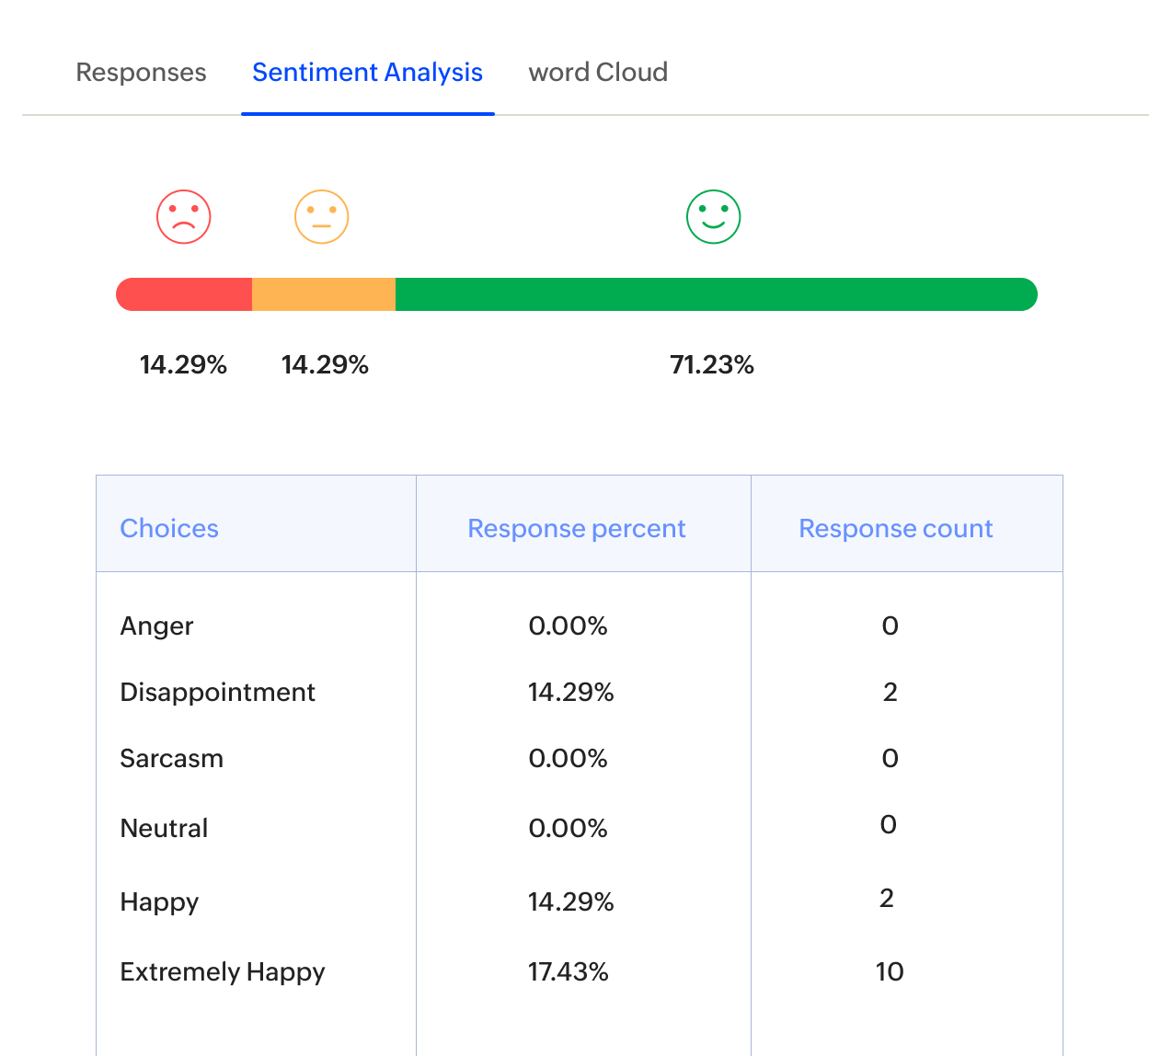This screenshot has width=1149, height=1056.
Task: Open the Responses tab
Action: pyautogui.click(x=141, y=73)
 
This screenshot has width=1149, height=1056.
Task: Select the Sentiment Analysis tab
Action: pyautogui.click(x=367, y=73)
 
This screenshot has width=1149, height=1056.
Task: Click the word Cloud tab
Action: pyautogui.click(x=598, y=73)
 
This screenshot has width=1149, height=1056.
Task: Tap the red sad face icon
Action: pyautogui.click(x=184, y=217)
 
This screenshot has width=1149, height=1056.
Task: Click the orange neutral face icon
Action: pyautogui.click(x=321, y=217)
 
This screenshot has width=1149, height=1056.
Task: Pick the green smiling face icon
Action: pyautogui.click(x=713, y=217)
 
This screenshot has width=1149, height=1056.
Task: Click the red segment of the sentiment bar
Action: pyautogui.click(x=185, y=294)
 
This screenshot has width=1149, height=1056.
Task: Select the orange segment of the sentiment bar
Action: pyautogui.click(x=324, y=294)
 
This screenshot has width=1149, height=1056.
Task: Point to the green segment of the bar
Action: pyautogui.click(x=716, y=294)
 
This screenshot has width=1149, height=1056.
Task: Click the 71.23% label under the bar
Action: pyautogui.click(x=712, y=365)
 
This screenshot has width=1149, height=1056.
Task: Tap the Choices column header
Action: pyautogui.click(x=169, y=528)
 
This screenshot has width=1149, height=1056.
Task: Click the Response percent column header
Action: pyautogui.click(x=577, y=528)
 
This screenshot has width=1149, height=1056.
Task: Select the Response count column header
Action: pyautogui.click(x=895, y=528)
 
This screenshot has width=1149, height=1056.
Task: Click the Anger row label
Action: pyautogui.click(x=156, y=626)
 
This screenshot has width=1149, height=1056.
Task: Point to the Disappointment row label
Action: pyautogui.click(x=217, y=693)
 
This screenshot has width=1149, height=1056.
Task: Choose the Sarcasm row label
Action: pyautogui.click(x=171, y=759)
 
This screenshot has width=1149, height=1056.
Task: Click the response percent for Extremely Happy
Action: pyautogui.click(x=568, y=972)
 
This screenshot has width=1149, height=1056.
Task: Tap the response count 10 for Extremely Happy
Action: pyautogui.click(x=890, y=972)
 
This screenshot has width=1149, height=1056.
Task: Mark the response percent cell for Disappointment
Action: pyautogui.click(x=570, y=693)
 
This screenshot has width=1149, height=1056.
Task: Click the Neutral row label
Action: pyautogui.click(x=164, y=829)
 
